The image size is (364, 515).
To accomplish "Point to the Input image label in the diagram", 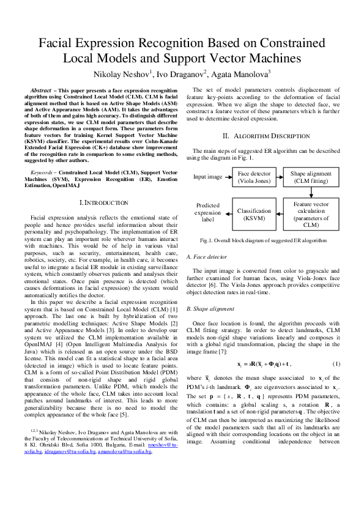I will pos(208,177).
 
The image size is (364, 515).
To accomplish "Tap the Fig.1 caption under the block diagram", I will pos(263,241).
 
